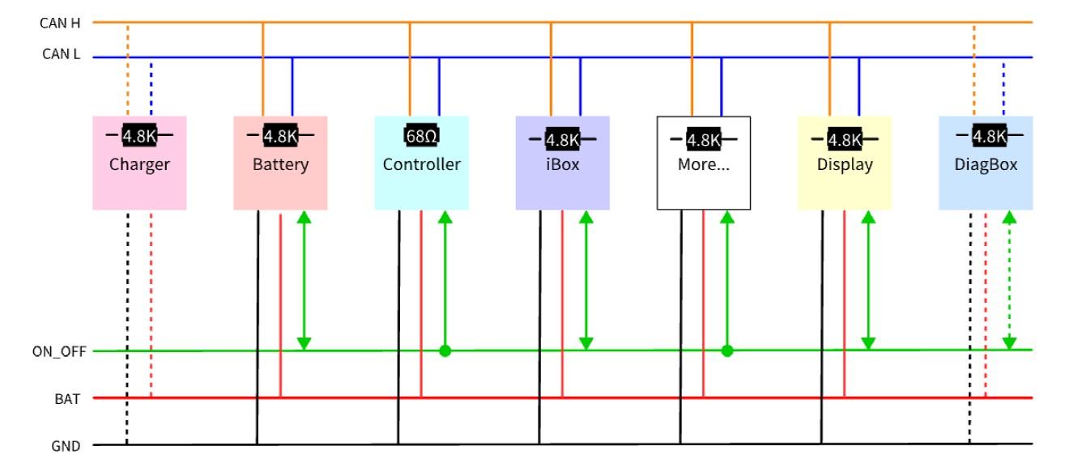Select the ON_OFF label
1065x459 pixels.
[53, 351]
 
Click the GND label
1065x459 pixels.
[65, 444]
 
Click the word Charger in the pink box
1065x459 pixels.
[139, 164]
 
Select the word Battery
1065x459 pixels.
[280, 164]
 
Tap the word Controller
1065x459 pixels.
[421, 164]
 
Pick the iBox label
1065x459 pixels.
[562, 164]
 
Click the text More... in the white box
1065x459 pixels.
[703, 165]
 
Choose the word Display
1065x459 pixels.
[844, 164]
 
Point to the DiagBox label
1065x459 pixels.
[986, 164]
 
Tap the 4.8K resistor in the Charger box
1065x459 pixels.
[139, 135]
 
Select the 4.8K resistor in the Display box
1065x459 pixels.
[844, 139]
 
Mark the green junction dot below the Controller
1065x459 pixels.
[444, 351]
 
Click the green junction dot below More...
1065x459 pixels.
[726, 351]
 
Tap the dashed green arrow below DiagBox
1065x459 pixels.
[1008, 279]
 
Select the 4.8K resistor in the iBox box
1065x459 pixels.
[562, 139]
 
